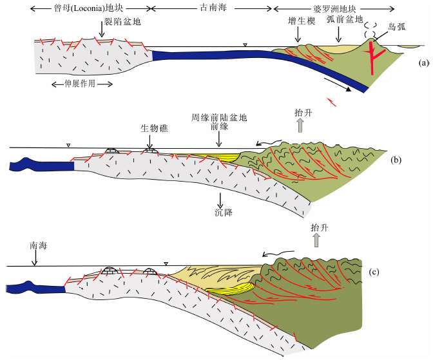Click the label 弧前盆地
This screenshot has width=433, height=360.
coord(340,21)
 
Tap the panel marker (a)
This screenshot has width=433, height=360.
coord(423,63)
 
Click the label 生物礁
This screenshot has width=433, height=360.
coord(150,128)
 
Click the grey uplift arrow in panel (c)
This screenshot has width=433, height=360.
coord(315,241)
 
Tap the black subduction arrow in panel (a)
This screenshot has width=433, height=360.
coord(339,86)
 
